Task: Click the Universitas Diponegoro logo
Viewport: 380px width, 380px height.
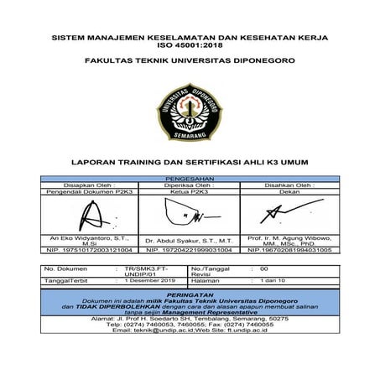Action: (x=189, y=111)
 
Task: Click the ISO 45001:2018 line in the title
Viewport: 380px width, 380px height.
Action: (x=190, y=47)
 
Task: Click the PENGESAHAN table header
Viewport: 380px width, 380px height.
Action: (x=190, y=179)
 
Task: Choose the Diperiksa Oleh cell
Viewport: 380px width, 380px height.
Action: (x=189, y=185)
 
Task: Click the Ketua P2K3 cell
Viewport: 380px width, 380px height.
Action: (x=189, y=192)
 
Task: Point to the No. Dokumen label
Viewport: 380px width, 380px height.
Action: (x=64, y=267)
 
